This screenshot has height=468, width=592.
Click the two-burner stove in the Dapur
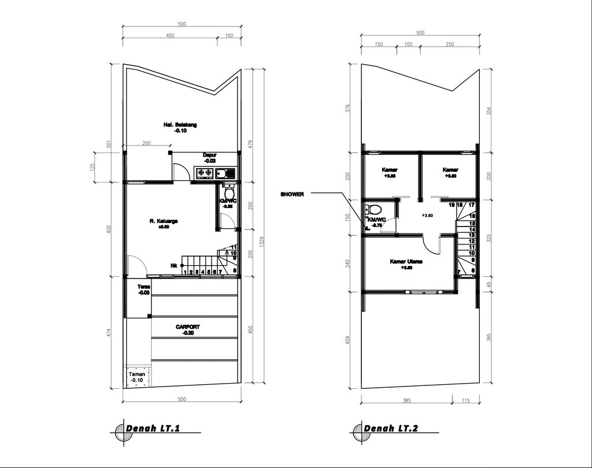[205, 173]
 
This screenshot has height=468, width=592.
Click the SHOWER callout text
[293, 195]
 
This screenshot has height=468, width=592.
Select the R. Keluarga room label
[164, 221]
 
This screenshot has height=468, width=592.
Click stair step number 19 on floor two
[451, 205]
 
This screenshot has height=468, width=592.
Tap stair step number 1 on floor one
[184, 272]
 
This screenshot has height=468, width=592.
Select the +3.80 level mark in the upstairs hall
[428, 216]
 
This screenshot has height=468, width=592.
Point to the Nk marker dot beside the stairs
[183, 266]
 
